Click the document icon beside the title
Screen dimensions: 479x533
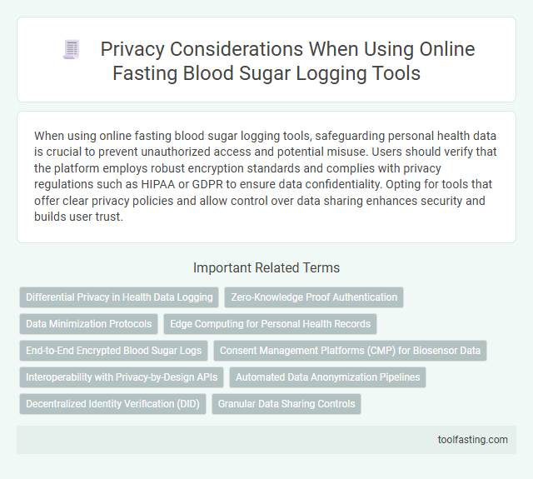click(72, 50)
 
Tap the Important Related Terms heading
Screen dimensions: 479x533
click(266, 267)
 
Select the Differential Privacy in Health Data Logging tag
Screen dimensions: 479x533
click(118, 297)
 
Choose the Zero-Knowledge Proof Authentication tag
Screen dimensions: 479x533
click(314, 297)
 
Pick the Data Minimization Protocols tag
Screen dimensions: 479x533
click(88, 323)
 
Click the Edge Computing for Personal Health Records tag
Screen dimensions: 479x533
click(271, 323)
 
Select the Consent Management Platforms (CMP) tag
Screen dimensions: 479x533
click(350, 351)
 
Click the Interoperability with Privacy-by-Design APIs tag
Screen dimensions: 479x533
click(121, 377)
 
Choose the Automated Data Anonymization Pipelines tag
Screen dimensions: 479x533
click(326, 377)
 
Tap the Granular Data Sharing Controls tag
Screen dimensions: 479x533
click(286, 404)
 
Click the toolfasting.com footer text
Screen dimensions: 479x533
click(472, 440)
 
